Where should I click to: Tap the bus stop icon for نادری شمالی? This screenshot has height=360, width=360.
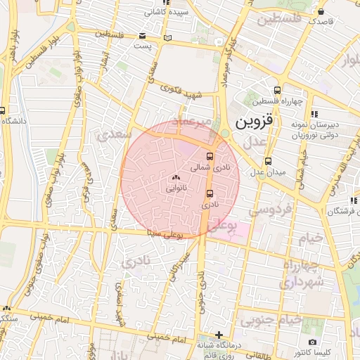click(210, 156)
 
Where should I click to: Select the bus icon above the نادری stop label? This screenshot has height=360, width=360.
click(210, 193)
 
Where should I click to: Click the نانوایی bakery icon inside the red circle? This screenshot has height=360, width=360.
click(175, 179)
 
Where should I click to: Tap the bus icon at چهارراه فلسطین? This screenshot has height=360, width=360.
click(278, 90)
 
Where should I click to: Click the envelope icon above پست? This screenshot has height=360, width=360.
click(143, 35)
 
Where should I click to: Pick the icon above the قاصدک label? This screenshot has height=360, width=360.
click(321, 12)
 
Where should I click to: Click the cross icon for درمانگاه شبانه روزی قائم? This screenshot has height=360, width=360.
click(219, 335)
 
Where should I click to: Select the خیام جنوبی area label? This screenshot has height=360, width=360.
click(271, 320)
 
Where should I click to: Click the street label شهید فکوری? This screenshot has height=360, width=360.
click(181, 89)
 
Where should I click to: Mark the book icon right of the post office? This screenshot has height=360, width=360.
click(167, 37)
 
